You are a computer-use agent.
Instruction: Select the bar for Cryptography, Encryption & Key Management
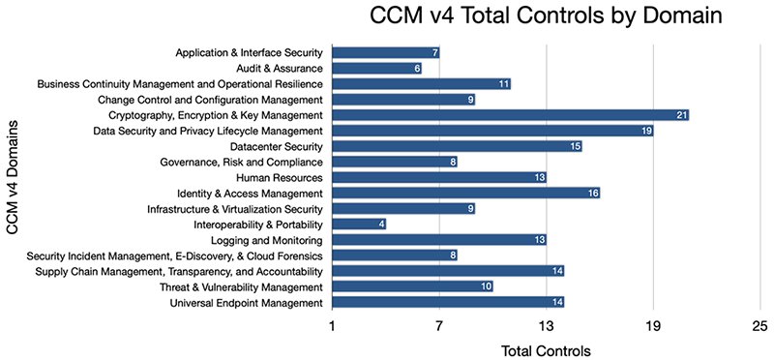pyautogui.click(x=510, y=115)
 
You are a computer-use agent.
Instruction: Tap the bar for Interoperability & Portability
pyautogui.click(x=359, y=225)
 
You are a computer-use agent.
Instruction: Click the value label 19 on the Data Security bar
pyautogui.click(x=645, y=131)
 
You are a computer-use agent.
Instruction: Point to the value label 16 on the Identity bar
pyautogui.click(x=592, y=194)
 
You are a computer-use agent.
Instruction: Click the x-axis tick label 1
pyautogui.click(x=332, y=325)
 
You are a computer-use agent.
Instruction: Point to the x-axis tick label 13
pyautogui.click(x=547, y=325)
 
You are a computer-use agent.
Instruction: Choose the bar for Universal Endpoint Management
pyautogui.click(x=448, y=303)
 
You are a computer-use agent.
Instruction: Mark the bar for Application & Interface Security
pyautogui.click(x=385, y=52)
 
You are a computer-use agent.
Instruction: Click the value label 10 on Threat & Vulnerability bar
pyautogui.click(x=486, y=287)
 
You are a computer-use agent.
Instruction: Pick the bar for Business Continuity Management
pyautogui.click(x=421, y=84)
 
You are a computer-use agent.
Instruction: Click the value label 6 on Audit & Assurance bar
pyautogui.click(x=417, y=68)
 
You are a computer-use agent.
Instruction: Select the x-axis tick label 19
pyautogui.click(x=653, y=325)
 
